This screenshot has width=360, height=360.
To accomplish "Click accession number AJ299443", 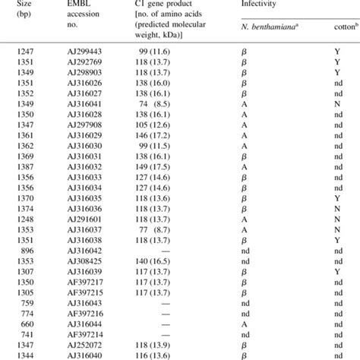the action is point(91,50).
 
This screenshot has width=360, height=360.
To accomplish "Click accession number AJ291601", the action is point(91,218).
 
